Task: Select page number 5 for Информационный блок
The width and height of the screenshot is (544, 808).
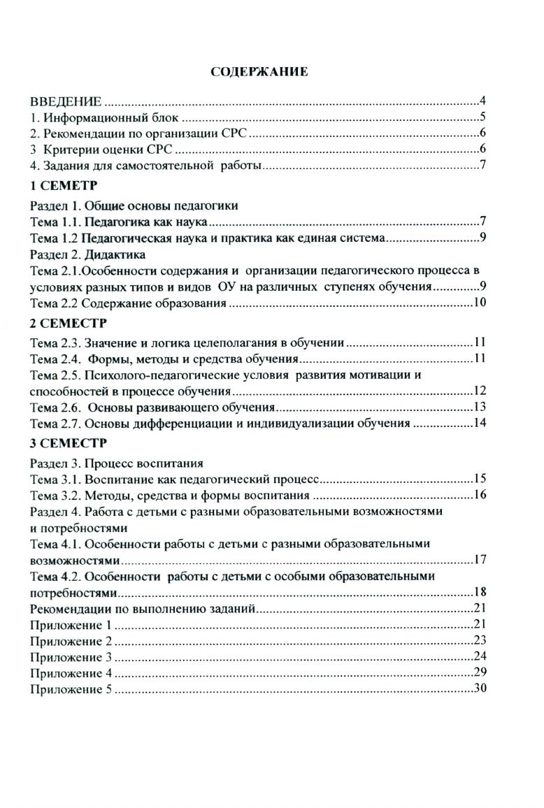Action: tap(482, 117)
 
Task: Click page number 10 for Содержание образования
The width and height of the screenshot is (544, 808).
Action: tap(480, 303)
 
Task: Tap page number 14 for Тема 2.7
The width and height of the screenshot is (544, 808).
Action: tap(480, 424)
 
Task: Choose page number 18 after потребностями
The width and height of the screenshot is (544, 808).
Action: tap(480, 591)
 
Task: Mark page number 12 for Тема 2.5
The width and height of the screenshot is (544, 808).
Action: tap(480, 390)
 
